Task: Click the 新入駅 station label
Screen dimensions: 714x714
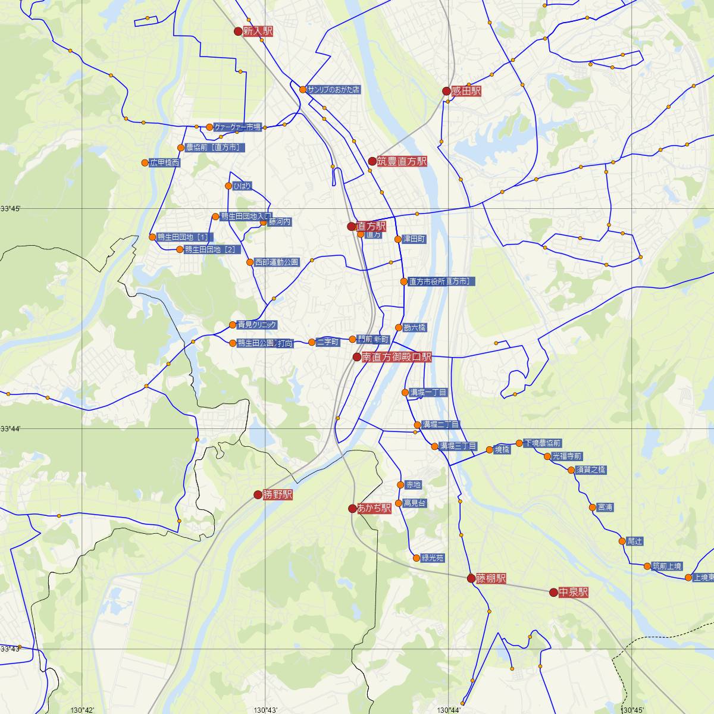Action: [x=258, y=32]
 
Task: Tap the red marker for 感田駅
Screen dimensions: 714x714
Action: [x=446, y=91]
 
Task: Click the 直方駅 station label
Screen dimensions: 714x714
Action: [x=371, y=227]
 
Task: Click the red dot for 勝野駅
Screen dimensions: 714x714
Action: [x=258, y=494]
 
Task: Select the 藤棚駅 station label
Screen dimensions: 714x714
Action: [x=491, y=578]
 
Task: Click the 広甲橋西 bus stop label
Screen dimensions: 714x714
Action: [x=164, y=163]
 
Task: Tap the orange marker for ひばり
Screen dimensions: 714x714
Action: [x=228, y=186]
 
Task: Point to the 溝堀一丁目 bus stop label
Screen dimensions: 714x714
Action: [x=428, y=393]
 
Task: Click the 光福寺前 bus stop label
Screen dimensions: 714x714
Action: [x=566, y=457]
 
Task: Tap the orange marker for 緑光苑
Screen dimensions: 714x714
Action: [x=416, y=558]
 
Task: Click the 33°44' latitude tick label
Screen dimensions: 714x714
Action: [x=10, y=428]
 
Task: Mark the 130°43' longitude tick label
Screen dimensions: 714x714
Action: [x=265, y=710]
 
